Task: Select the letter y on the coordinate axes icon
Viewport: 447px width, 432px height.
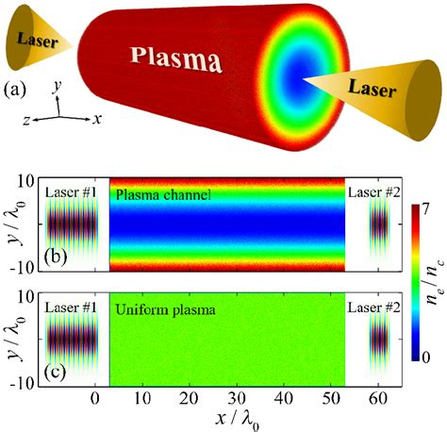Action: coord(58,86)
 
